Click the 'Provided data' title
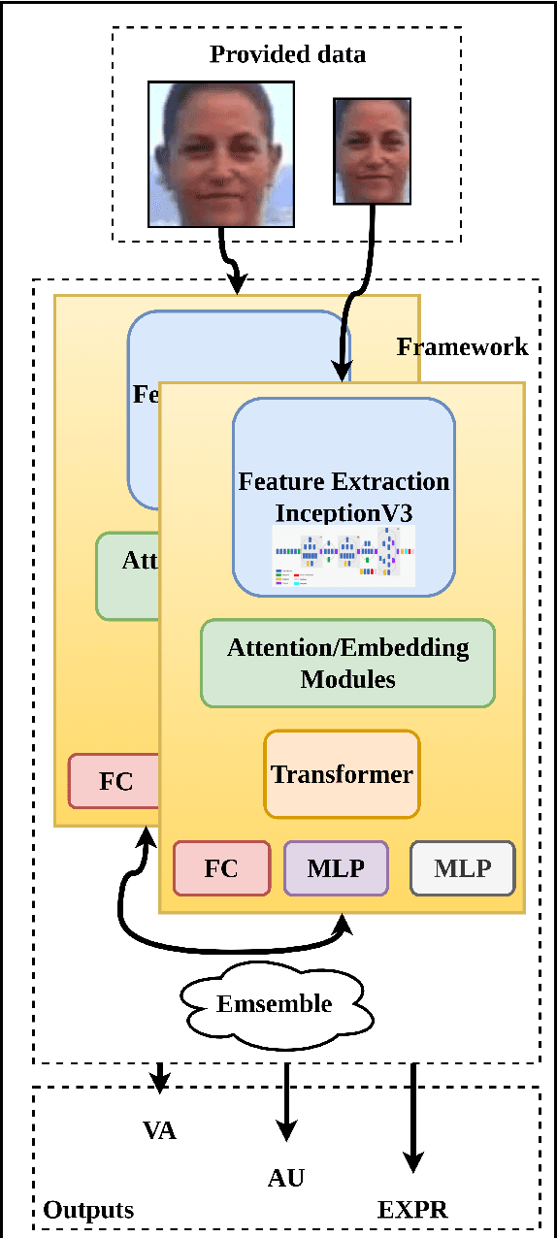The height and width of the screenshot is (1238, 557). (287, 53)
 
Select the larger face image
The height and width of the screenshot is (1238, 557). (220, 152)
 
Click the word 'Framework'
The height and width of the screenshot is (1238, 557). (463, 346)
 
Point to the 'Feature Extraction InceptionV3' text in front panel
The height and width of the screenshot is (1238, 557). (344, 496)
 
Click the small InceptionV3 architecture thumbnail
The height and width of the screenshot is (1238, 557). (344, 557)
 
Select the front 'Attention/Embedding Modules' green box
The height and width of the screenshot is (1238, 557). (347, 663)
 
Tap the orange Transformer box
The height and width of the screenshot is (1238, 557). (342, 774)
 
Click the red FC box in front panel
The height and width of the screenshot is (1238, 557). (221, 867)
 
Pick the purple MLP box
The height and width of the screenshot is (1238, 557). (336, 867)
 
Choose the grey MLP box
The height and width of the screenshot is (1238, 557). (463, 867)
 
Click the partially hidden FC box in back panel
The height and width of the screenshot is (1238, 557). (115, 781)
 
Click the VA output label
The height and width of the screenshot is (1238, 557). (159, 1130)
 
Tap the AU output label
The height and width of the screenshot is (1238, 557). (286, 1178)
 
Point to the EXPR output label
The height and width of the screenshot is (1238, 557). (413, 1209)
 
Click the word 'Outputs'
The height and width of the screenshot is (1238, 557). (88, 1210)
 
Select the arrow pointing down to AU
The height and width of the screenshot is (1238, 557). (286, 1106)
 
